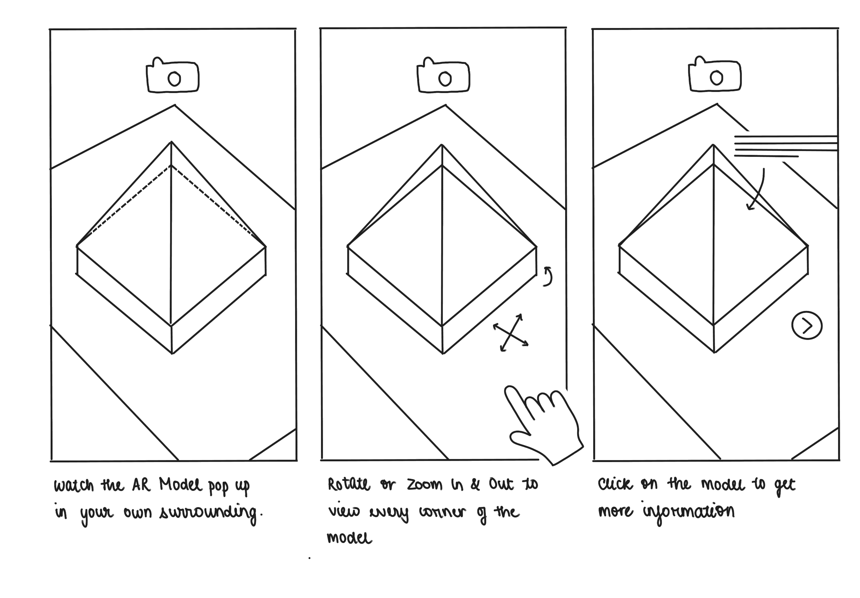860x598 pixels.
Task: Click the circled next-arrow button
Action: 806,326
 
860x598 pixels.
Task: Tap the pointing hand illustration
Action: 543,425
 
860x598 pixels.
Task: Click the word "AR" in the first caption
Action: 141,485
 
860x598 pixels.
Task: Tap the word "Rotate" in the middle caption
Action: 349,485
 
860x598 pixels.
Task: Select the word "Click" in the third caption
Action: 615,484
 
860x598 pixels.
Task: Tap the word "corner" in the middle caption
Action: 442,512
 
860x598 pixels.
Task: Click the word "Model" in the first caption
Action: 180,485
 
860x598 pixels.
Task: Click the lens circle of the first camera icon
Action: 174,79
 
